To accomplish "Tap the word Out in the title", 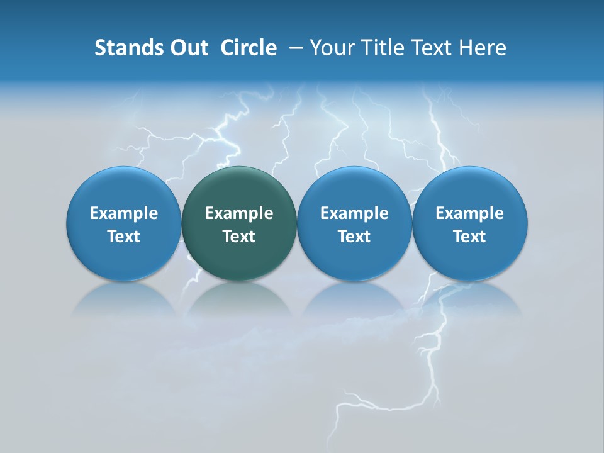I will click(x=187, y=48).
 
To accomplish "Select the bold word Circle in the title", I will click(x=249, y=48).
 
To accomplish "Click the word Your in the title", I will click(x=333, y=48).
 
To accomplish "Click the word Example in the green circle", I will click(x=239, y=213).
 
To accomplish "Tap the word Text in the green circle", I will click(x=239, y=237).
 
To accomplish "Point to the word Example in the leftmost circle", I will click(x=124, y=213).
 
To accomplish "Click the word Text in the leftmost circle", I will click(x=124, y=237).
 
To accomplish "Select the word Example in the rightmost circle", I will click(x=470, y=213).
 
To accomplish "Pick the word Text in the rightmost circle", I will click(x=470, y=237).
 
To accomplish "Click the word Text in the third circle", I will click(x=354, y=237).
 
